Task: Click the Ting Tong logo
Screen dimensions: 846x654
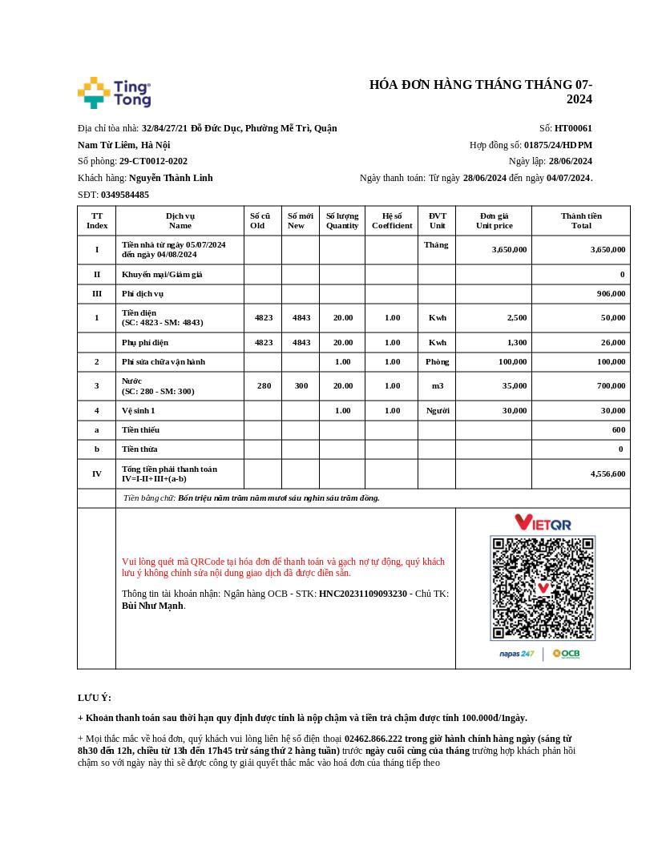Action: pyautogui.click(x=114, y=93)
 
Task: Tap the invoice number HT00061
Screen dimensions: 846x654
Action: pyautogui.click(x=573, y=128)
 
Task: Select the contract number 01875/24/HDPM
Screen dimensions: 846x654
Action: pyautogui.click(x=558, y=145)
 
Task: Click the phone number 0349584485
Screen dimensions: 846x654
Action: pyautogui.click(x=124, y=195)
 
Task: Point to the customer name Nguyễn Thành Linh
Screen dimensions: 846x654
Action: pyautogui.click(x=171, y=178)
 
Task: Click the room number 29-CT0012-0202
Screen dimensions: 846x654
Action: pyautogui.click(x=153, y=161)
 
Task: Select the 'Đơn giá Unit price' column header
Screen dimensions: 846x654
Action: pyautogui.click(x=494, y=220)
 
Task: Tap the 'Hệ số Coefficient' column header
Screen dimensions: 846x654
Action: pyautogui.click(x=392, y=220)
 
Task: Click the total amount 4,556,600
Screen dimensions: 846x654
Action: pyautogui.click(x=608, y=474)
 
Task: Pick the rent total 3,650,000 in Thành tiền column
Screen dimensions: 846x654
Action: pyautogui.click(x=608, y=249)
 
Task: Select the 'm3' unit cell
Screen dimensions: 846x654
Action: pyautogui.click(x=438, y=386)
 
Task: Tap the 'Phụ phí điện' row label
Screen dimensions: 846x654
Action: pyautogui.click(x=145, y=343)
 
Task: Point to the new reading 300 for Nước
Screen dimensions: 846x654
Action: pyautogui.click(x=301, y=386)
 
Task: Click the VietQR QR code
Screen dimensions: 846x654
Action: pyautogui.click(x=543, y=588)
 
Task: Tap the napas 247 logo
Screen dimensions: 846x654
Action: pyautogui.click(x=517, y=655)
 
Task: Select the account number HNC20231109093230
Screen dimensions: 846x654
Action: pyautogui.click(x=363, y=594)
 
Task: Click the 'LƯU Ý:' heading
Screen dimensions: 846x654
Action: pyautogui.click(x=95, y=698)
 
